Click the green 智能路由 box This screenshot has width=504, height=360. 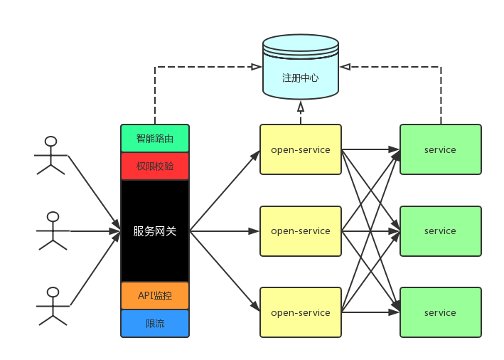pyautogui.click(x=155, y=139)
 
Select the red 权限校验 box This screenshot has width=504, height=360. pyautogui.click(x=155, y=166)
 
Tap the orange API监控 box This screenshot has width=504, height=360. pyautogui.click(x=155, y=295)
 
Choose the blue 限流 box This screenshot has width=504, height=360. pyautogui.click(x=155, y=323)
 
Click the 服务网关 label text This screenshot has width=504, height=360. pyautogui.click(x=155, y=231)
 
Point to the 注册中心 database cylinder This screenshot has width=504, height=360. pyautogui.click(x=300, y=68)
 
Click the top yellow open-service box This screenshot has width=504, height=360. pyautogui.click(x=300, y=149)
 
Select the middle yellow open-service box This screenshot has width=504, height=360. pyautogui.click(x=300, y=231)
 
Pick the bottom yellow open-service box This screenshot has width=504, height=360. pyautogui.click(x=300, y=312)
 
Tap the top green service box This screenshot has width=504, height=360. pyautogui.click(x=440, y=149)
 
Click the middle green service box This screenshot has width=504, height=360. pyautogui.click(x=440, y=231)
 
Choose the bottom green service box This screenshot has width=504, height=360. pyautogui.click(x=440, y=312)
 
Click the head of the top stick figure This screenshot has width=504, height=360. pyautogui.click(x=50, y=141)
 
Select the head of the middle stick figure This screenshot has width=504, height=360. pyautogui.click(x=53, y=216)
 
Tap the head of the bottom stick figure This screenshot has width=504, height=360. pyautogui.click(x=52, y=292)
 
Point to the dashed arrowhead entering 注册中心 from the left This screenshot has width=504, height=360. pyautogui.click(x=257, y=67)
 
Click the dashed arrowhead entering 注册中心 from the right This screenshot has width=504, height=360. pyautogui.click(x=345, y=67)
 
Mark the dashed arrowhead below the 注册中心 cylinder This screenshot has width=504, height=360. pyautogui.click(x=301, y=107)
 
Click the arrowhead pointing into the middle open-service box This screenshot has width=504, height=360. pyautogui.click(x=254, y=231)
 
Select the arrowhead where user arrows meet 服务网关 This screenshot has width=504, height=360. pyautogui.click(x=115, y=231)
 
